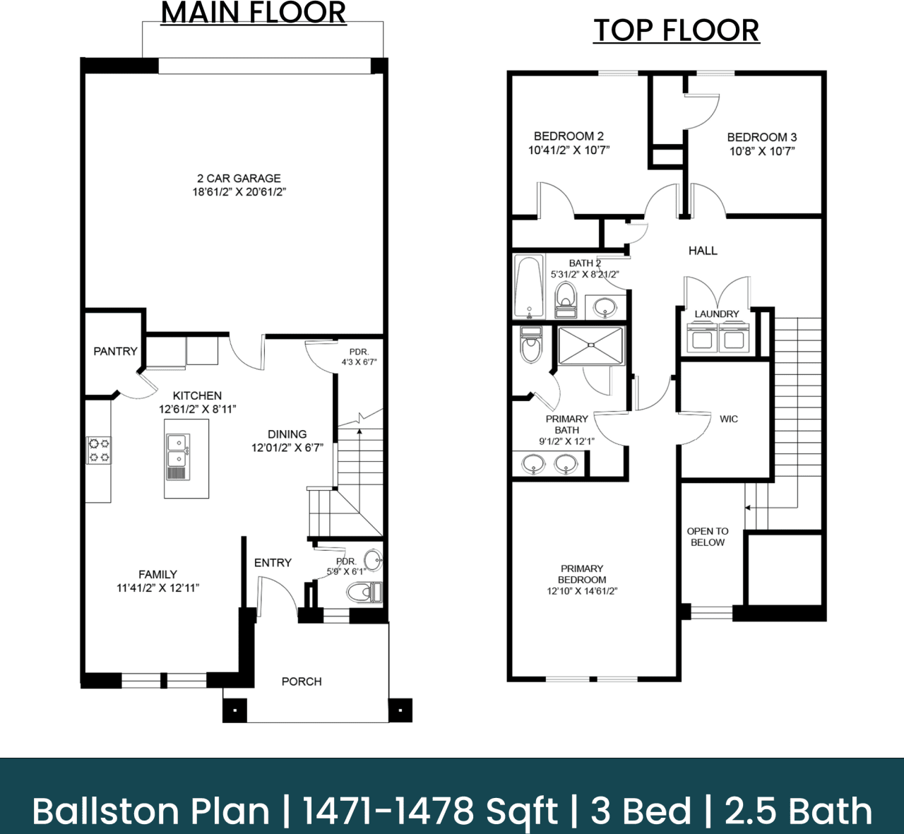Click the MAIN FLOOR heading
(254, 13)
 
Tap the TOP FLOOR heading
(676, 30)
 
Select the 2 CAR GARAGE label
(239, 179)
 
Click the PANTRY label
(115, 351)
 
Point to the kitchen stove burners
(99, 451)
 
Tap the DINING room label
(287, 434)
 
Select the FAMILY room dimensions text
(157, 588)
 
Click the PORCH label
(302, 681)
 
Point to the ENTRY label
(273, 563)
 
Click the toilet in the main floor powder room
(364, 592)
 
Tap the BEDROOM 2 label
(569, 136)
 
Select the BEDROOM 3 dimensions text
(762, 151)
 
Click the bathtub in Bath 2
(529, 287)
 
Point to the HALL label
(703, 251)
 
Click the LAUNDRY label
(716, 314)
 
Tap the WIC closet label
(729, 419)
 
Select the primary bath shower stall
(591, 346)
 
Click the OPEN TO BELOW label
(708, 537)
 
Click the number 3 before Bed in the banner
(600, 811)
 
